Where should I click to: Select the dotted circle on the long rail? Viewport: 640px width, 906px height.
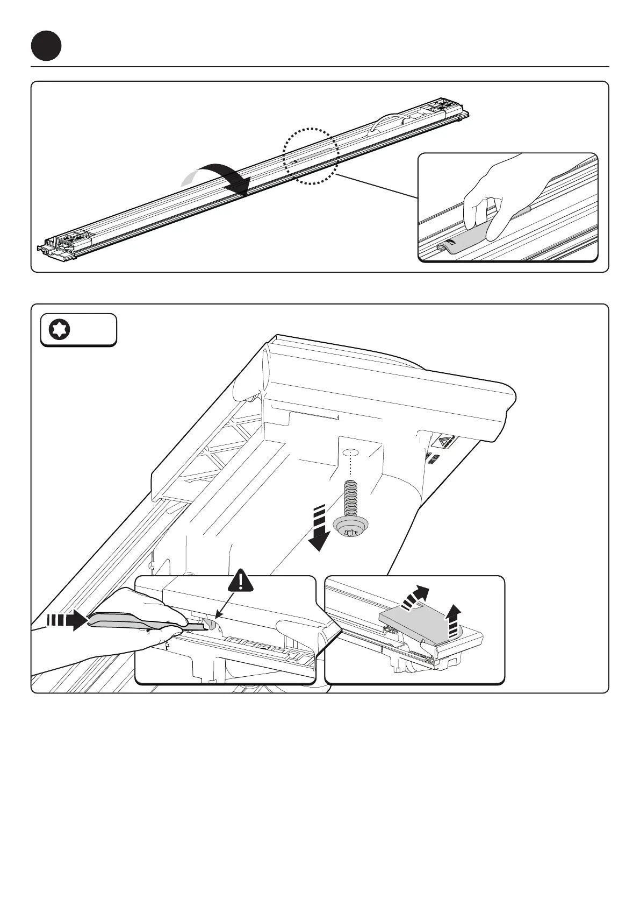coord(311,156)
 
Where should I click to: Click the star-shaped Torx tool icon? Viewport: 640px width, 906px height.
coord(58,329)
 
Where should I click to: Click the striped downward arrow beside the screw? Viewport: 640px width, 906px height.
coord(319,530)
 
